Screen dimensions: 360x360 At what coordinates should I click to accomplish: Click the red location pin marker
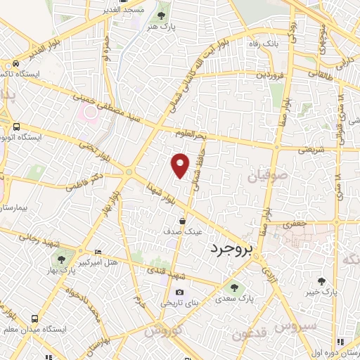tap(181, 165)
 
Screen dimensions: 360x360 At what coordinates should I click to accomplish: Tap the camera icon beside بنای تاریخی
tap(180, 292)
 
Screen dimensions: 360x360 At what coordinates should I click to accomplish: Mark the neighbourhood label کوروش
tap(164, 330)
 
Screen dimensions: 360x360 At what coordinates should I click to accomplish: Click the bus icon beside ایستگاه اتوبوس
tap(15, 127)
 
